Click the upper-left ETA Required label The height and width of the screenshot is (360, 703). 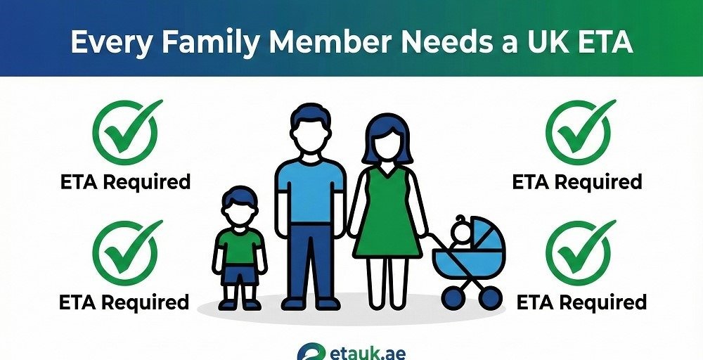(125, 181)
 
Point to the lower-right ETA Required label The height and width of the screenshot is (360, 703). (581, 302)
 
